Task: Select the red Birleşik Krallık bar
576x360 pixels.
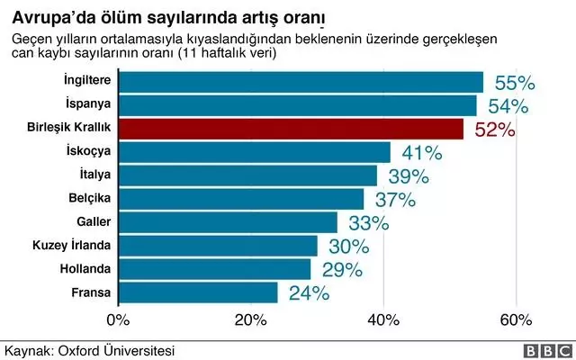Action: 291,129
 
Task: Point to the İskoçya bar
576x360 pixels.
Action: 255,151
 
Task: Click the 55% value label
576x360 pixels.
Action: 515,83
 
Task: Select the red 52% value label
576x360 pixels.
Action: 494,130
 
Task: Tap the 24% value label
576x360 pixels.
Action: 309,292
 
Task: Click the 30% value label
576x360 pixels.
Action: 348,246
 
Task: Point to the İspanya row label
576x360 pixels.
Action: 87,105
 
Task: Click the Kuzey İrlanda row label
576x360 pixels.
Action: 71,245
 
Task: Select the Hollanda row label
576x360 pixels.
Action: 85,268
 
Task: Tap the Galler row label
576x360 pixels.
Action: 94,221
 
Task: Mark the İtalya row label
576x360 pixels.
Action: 94,175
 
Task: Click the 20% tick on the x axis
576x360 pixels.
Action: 250,319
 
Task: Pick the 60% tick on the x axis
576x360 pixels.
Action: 516,319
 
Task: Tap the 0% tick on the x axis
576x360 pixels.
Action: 118,319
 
